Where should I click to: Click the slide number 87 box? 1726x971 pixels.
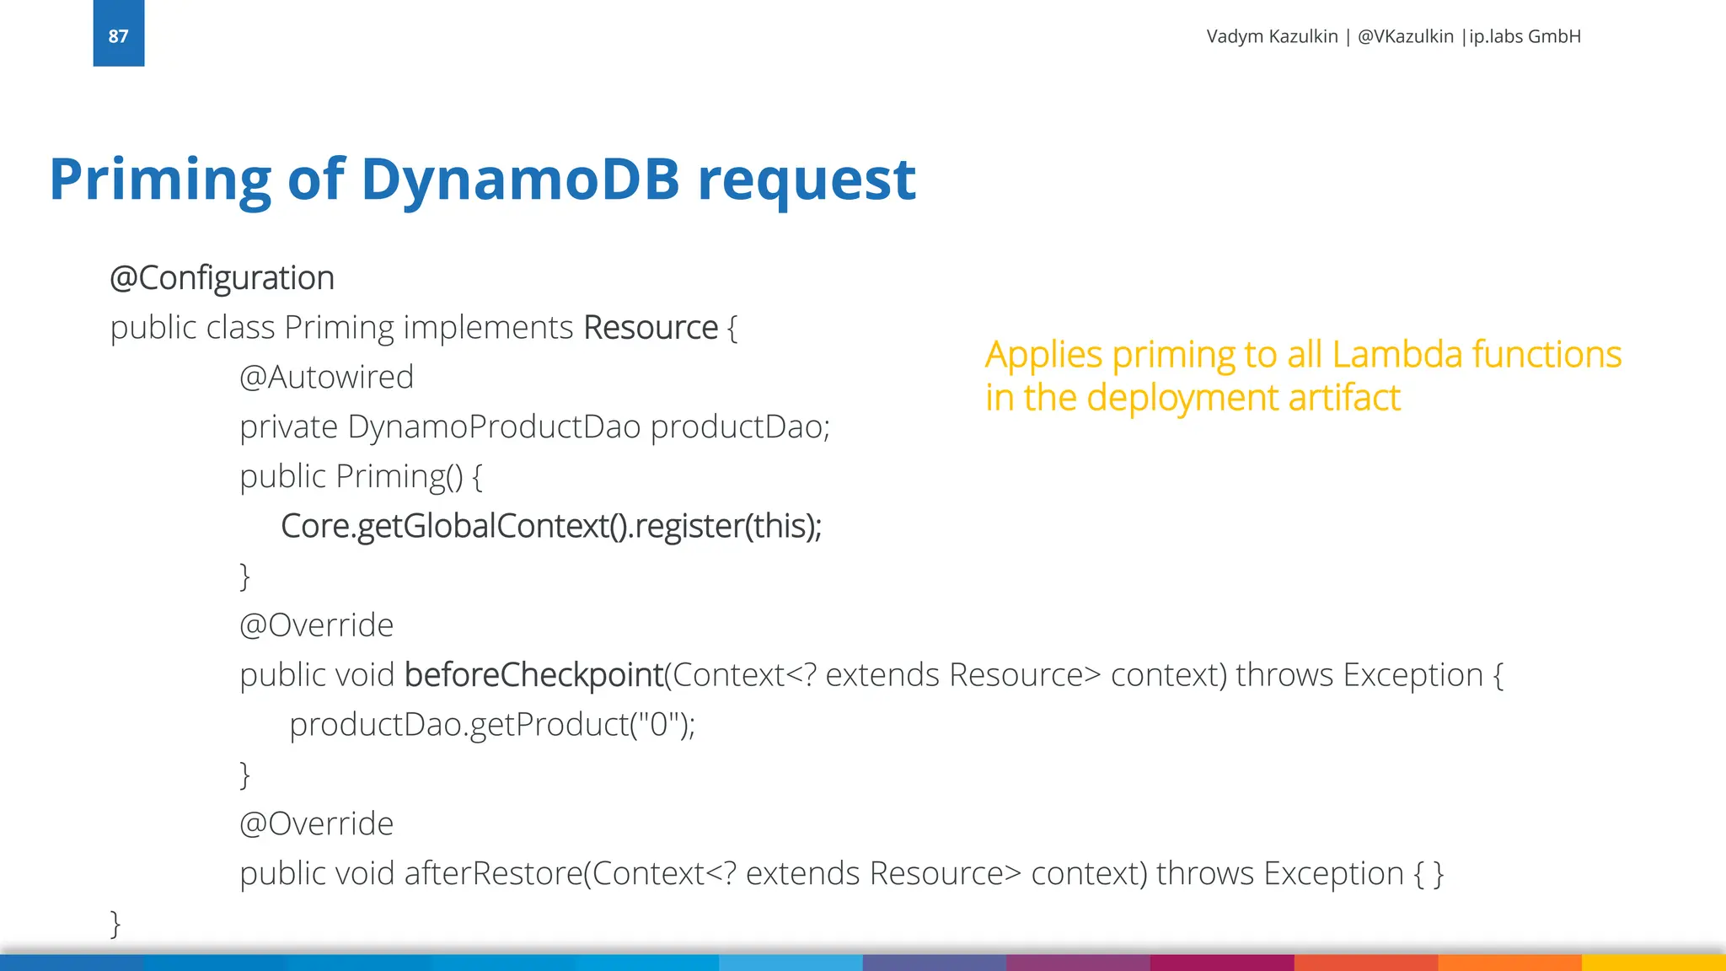pos(119,34)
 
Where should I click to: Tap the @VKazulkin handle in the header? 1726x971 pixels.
pos(1405,36)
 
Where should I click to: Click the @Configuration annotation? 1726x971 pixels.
pos(222,278)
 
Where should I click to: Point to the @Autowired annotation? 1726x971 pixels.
pos(326,377)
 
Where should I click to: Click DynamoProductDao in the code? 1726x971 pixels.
pos(494,426)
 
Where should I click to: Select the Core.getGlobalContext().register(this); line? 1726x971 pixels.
pos(551,526)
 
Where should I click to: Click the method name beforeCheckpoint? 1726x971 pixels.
pos(533,675)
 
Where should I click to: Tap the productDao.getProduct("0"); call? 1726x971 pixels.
pos(492,725)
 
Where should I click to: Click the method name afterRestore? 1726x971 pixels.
pos(493,874)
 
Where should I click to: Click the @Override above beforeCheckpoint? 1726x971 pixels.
pos(316,625)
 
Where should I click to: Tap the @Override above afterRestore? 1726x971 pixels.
pos(316,823)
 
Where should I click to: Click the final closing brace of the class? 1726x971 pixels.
pos(115,924)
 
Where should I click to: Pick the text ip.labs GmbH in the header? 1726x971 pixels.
pos(1525,36)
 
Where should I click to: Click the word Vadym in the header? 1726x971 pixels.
pos(1233,36)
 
